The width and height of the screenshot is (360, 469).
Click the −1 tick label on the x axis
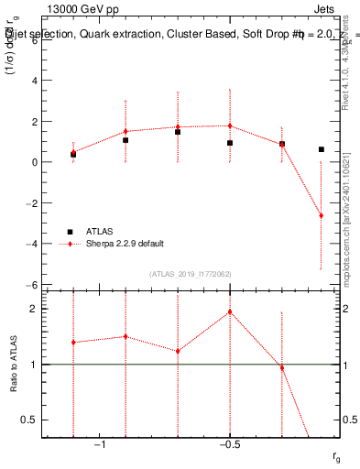click(x=99, y=444)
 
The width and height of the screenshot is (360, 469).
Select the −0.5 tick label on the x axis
click(x=228, y=444)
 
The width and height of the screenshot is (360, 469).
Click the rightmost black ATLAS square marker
click(x=321, y=149)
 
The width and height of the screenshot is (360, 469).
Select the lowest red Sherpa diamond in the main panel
click(x=321, y=216)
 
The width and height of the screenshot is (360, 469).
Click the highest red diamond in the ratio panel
click(x=230, y=311)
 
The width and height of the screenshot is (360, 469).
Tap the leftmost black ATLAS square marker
click(x=73, y=155)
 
